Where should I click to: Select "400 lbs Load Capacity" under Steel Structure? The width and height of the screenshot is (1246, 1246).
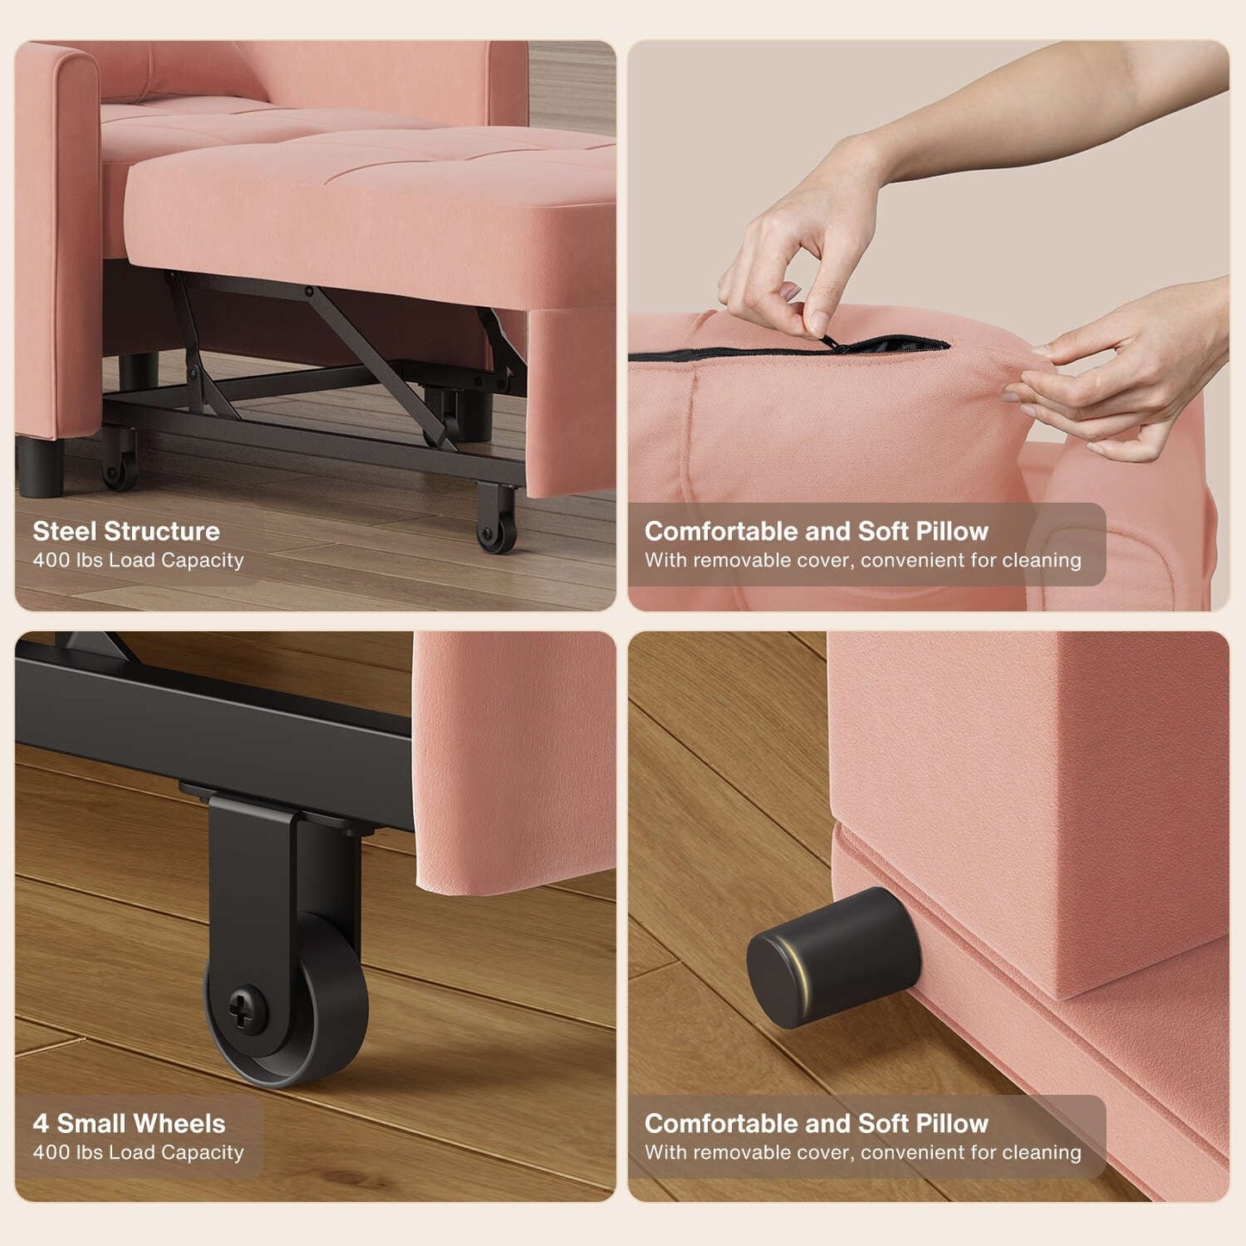(138, 560)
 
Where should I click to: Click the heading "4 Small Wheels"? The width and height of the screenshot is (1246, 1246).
(128, 1124)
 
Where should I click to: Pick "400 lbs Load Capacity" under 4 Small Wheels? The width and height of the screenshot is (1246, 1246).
(138, 1153)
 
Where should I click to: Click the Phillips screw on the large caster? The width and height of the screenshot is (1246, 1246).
(241, 1007)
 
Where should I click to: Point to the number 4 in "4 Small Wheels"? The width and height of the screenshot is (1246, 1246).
(41, 1124)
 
